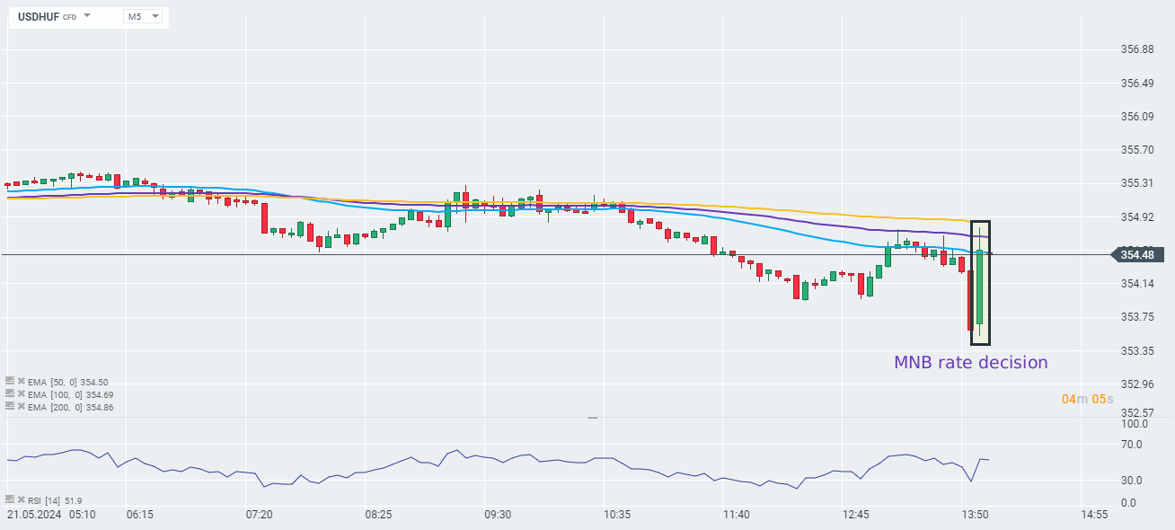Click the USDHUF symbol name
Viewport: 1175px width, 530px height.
40,16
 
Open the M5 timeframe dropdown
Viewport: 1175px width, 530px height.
143,16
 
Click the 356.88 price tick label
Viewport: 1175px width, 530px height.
1137,49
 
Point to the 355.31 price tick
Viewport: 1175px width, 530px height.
1137,183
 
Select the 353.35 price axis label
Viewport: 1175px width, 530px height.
1137,350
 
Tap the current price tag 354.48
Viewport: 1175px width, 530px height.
1137,255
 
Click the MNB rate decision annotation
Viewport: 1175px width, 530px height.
970,363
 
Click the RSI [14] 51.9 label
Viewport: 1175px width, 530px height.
55,500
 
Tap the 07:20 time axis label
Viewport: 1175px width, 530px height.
259,515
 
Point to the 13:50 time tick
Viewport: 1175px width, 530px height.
976,515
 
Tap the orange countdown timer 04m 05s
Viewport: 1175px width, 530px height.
1087,399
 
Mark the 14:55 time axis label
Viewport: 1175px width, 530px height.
1094,515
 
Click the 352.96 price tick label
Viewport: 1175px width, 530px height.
1137,384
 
